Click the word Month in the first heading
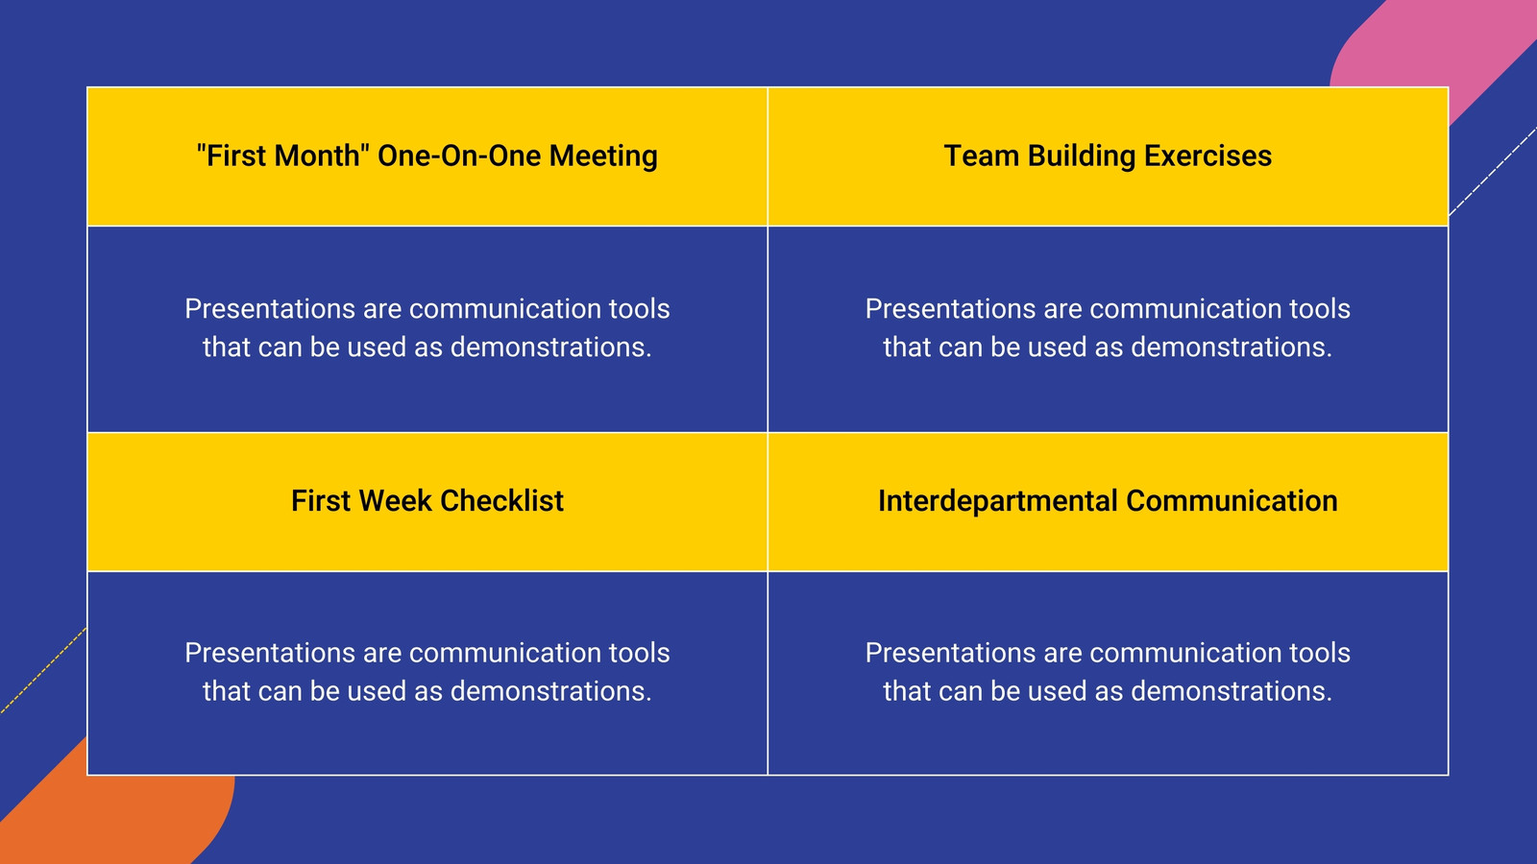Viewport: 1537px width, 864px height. click(317, 156)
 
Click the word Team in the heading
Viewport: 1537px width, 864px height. click(981, 156)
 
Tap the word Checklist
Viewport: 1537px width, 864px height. click(501, 500)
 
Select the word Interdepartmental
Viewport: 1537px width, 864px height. click(998, 501)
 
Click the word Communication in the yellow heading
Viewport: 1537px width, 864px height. click(1232, 500)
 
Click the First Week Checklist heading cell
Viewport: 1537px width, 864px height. click(427, 502)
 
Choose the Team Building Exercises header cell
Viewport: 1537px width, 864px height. click(1109, 156)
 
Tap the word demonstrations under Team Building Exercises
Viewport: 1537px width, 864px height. click(1231, 347)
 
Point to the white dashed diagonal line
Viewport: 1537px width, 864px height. click(1493, 172)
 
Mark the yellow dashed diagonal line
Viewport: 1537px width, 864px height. click(43, 671)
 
